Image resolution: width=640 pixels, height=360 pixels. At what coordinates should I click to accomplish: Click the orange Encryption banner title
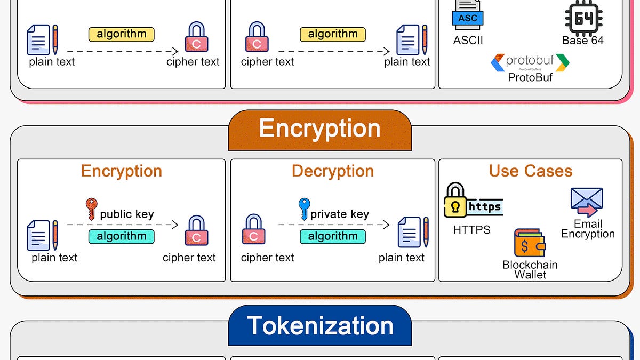pos(319,129)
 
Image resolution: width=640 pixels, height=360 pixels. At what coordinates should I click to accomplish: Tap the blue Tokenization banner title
pos(320,325)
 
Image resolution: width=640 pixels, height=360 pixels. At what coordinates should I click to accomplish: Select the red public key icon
pos(91,209)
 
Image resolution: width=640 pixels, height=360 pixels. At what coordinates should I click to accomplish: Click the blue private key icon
pos(305,209)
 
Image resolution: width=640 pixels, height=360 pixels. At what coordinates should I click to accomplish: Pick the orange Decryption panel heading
pos(333,171)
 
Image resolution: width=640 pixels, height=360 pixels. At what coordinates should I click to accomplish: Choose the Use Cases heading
pos(531,171)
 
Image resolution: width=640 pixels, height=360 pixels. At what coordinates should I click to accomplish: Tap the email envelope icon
pos(587,202)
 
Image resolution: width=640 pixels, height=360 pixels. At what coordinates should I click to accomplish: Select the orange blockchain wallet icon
pos(530,243)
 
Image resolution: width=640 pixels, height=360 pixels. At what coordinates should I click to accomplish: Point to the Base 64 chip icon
pos(583,18)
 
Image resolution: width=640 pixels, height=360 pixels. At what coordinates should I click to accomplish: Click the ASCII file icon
pos(468,15)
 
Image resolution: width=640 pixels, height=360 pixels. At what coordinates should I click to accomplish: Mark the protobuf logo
pos(530,62)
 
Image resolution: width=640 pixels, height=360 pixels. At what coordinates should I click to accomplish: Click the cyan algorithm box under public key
pos(122,237)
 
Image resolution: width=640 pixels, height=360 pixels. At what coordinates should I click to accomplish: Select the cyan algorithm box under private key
pos(333,237)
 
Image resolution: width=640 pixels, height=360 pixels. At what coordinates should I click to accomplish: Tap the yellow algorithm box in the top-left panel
pos(122,35)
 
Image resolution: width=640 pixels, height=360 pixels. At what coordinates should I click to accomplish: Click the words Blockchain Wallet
pos(530,270)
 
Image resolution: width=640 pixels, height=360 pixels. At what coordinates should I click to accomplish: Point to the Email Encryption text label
pos(588,229)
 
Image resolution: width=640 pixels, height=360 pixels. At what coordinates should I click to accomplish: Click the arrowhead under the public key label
pos(175,225)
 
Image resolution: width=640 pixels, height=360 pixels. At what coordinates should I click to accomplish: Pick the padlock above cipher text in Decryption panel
pos(254,229)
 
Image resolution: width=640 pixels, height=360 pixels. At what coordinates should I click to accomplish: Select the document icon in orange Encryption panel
pos(42,235)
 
